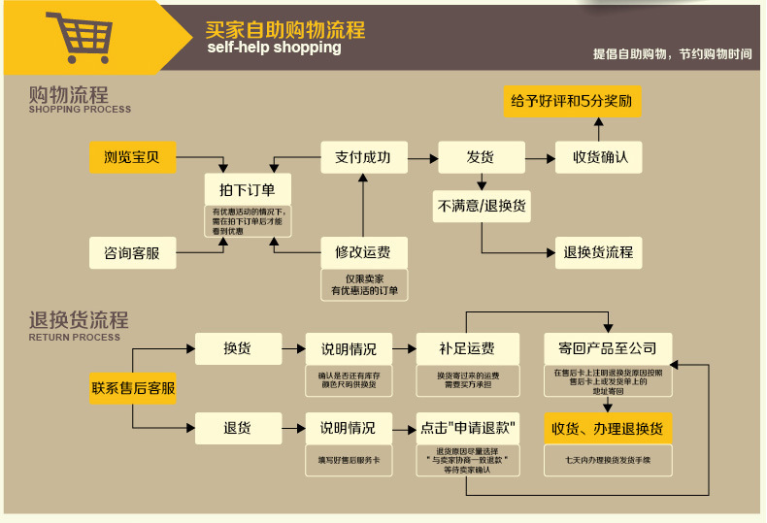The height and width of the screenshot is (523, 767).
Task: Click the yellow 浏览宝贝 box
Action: tap(133, 157)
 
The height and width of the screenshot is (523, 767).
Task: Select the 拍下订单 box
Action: tap(248, 189)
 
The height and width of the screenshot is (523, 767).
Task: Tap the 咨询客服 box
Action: tap(133, 253)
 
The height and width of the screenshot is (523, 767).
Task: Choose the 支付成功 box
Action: tap(363, 157)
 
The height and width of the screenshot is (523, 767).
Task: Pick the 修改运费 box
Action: tap(363, 253)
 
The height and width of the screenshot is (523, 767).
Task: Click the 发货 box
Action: tap(481, 157)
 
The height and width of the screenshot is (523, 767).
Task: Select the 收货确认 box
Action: tap(598, 157)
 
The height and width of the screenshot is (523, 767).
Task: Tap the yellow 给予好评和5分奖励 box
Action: tap(572, 101)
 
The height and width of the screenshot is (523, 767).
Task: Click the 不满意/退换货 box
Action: tap(482, 206)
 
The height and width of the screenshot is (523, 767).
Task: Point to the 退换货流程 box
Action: tap(598, 252)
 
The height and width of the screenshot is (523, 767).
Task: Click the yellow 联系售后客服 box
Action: tap(133, 388)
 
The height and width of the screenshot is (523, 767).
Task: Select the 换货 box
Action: tap(238, 348)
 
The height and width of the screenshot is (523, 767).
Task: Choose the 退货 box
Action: tap(238, 427)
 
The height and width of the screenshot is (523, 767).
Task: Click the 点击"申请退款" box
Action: tap(466, 427)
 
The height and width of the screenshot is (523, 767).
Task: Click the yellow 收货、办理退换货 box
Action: tap(608, 428)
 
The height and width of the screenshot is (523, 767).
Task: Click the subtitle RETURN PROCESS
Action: tap(75, 338)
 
